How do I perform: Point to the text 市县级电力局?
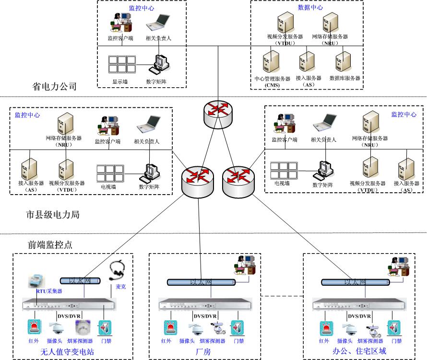click(x=53, y=215)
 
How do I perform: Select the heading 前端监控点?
click(x=50, y=244)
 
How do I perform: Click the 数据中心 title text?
click(x=310, y=8)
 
